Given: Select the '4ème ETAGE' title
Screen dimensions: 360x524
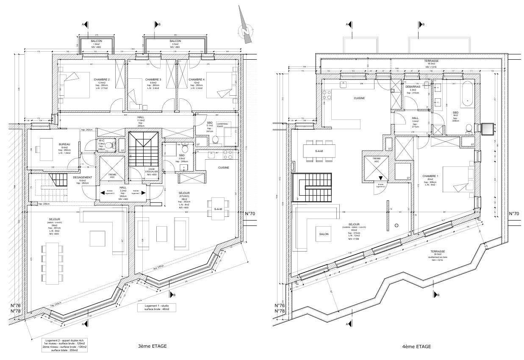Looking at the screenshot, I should [417, 346].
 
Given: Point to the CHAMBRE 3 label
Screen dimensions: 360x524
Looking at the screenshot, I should [153, 80].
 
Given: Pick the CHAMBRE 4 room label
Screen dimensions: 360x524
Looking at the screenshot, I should [197, 80].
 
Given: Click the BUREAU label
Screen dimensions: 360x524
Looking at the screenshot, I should [65, 144].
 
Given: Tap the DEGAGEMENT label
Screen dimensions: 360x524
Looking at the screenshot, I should [80, 178].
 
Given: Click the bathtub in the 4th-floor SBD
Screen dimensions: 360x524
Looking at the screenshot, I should [467, 94].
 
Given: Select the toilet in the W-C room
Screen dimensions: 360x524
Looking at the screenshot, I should [109, 145].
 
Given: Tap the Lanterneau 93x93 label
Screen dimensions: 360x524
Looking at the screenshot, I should [222, 126].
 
